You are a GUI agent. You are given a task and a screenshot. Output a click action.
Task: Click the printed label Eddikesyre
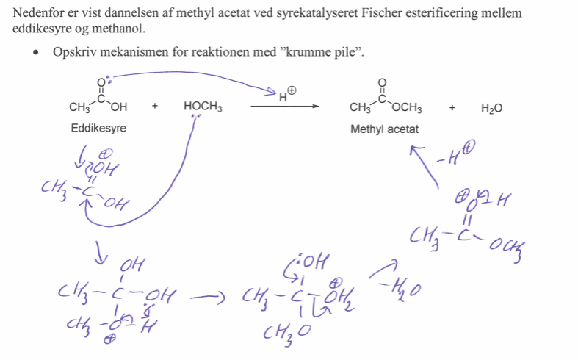click(98, 127)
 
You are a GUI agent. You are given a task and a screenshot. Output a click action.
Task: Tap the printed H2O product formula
click(491, 108)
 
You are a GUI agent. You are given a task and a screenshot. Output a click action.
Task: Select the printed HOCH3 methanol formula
click(203, 107)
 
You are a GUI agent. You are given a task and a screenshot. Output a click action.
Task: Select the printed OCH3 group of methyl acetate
click(407, 109)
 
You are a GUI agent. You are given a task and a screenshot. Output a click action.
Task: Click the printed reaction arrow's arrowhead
click(316, 107)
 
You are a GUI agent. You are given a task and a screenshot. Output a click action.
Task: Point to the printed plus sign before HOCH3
click(155, 107)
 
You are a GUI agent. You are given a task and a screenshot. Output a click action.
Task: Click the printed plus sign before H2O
click(452, 108)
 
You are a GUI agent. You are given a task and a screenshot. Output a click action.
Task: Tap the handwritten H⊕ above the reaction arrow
click(286, 93)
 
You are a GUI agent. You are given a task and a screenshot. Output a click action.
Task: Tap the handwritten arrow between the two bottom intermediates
click(206, 298)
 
